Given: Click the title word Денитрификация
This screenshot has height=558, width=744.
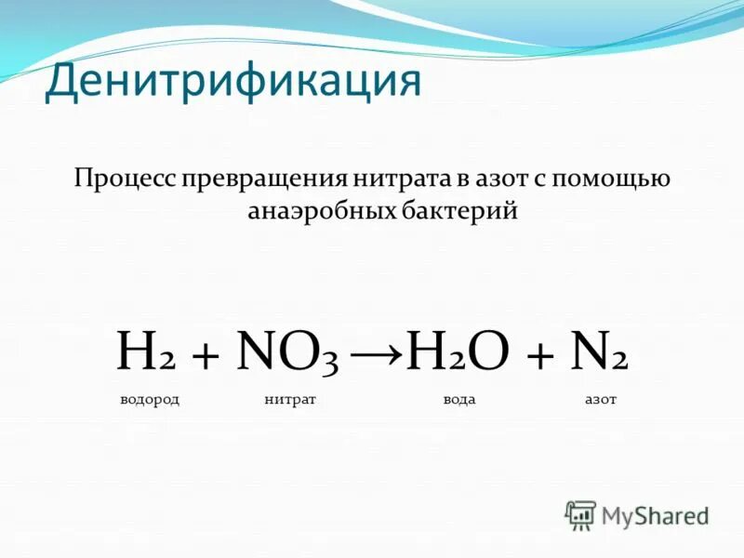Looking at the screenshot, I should (x=232, y=81).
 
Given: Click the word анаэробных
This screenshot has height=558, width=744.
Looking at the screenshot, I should (x=321, y=211).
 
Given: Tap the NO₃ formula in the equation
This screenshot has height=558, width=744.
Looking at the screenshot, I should (x=289, y=354).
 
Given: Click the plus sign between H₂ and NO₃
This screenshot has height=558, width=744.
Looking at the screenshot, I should (x=204, y=356).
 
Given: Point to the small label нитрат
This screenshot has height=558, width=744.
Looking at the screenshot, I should (x=290, y=399).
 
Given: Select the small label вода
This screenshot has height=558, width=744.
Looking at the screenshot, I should (x=459, y=399).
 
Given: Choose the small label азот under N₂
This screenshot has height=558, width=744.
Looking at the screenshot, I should (x=600, y=399).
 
